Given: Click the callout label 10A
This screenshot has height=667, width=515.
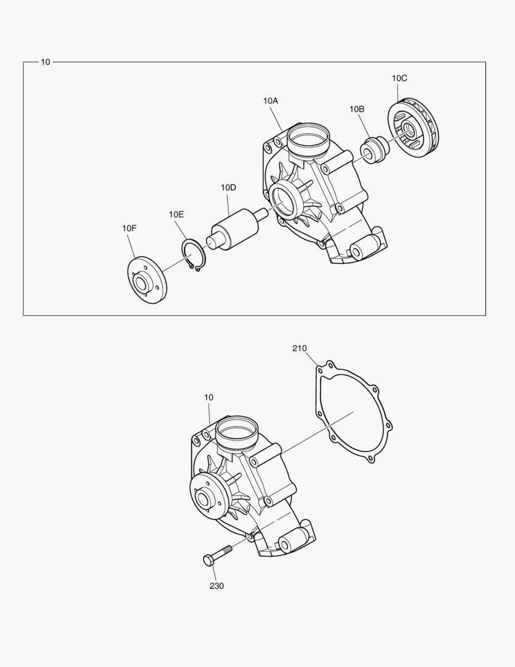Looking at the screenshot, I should [x=271, y=100].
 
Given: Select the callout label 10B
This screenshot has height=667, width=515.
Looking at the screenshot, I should [x=356, y=109].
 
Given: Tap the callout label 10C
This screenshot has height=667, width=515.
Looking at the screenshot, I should [x=399, y=78].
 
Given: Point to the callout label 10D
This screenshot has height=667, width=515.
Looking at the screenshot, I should [x=229, y=187].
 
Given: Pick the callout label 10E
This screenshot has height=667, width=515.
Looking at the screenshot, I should [x=177, y=214].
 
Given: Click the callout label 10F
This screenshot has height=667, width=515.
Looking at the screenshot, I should [x=129, y=229].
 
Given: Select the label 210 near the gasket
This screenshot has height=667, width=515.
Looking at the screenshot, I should [x=299, y=348].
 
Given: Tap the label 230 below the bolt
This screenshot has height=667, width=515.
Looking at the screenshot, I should [x=216, y=585].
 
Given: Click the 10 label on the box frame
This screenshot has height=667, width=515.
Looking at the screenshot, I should [x=46, y=62].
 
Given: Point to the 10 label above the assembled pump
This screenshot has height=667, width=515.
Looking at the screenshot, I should [x=208, y=398].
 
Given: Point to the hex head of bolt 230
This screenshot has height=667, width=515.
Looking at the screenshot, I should [x=208, y=560].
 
